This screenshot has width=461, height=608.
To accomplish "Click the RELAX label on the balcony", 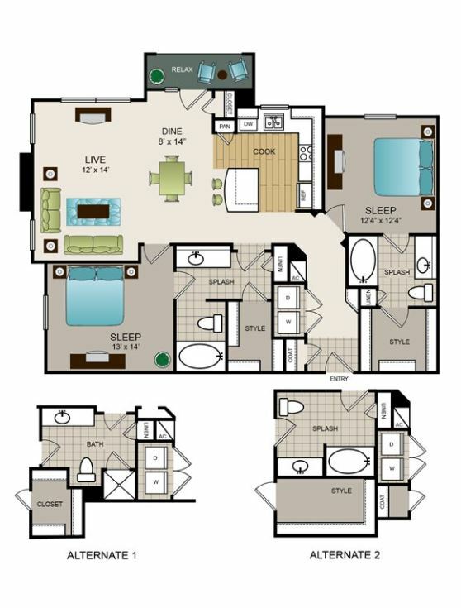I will click(182, 70).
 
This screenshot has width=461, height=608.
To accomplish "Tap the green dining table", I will click(171, 177).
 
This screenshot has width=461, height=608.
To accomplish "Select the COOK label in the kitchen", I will click(264, 151).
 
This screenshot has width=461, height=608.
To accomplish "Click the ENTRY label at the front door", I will click(340, 378).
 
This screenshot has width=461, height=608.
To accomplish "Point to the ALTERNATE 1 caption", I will click(100, 556).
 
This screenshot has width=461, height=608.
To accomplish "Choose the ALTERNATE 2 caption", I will click(345, 555).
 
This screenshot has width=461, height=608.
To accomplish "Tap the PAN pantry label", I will click(225, 127).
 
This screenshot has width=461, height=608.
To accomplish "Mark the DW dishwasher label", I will click(248, 125).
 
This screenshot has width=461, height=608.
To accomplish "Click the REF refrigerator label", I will click(303, 196).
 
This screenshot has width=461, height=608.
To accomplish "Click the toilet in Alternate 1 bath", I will click(85, 469).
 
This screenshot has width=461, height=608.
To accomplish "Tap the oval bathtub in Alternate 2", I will click(351, 461).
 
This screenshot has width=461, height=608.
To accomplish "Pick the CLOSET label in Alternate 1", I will click(50, 504).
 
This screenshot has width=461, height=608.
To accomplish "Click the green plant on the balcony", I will click(155, 76).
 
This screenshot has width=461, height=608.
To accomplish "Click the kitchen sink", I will click(273, 122).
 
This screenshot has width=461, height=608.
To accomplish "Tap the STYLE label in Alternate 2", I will click(341, 491).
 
